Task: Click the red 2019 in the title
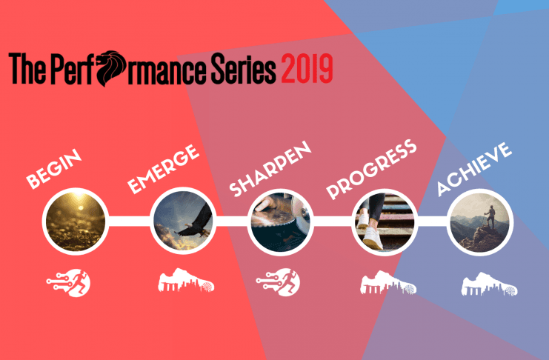(x=307, y=68)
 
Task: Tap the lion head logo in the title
(x=110, y=68)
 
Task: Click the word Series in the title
(x=243, y=68)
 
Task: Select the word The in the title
(x=27, y=68)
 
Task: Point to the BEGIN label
(x=54, y=168)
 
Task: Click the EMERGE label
(x=163, y=169)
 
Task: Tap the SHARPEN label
(x=270, y=168)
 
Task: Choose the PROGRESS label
(x=371, y=169)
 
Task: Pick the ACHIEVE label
(x=474, y=168)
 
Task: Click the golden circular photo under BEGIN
(x=76, y=221)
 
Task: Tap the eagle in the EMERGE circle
(x=196, y=223)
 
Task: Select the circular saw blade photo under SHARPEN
(x=281, y=221)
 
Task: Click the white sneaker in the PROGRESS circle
(x=373, y=238)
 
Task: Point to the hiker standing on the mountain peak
(x=490, y=216)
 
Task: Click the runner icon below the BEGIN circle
(x=69, y=283)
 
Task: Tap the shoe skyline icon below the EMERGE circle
(x=186, y=280)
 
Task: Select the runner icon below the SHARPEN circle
(x=278, y=282)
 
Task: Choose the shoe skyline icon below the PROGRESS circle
(x=388, y=282)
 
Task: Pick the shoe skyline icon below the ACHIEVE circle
(x=490, y=284)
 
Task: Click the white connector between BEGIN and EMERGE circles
(x=129, y=221)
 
